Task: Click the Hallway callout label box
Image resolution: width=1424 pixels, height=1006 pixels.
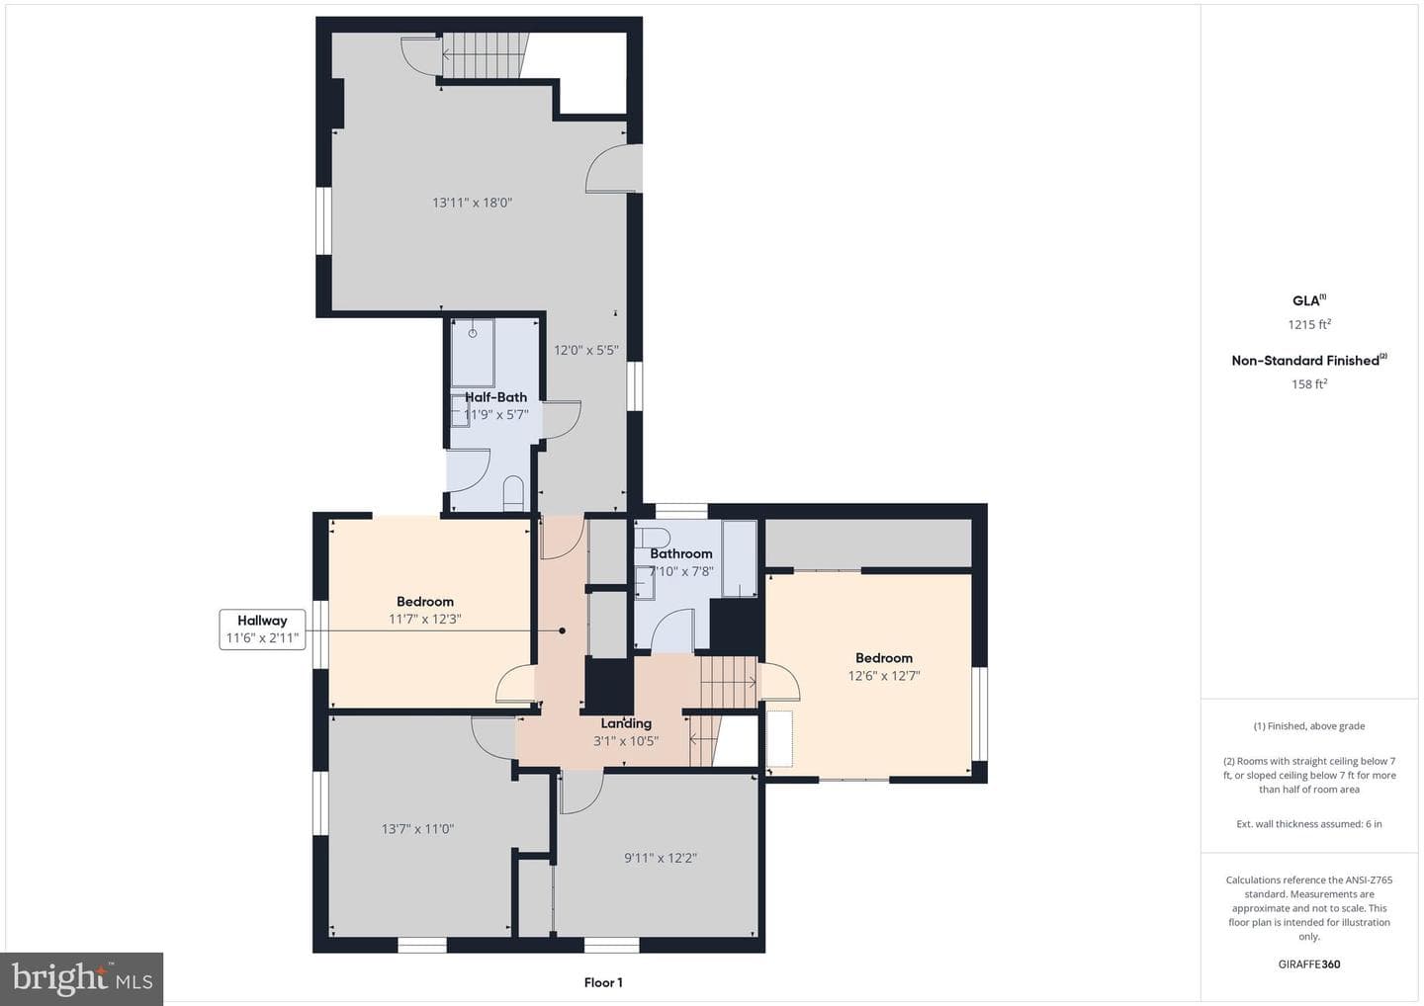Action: (262, 629)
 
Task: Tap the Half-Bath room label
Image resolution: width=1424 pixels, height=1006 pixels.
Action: (495, 397)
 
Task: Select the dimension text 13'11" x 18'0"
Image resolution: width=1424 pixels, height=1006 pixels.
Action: (473, 203)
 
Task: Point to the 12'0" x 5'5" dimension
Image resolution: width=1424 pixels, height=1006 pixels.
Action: (586, 350)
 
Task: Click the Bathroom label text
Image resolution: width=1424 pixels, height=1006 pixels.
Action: (680, 553)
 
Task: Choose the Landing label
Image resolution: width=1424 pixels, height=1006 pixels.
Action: (626, 723)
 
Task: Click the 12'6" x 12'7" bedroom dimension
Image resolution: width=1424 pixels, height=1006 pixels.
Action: (884, 676)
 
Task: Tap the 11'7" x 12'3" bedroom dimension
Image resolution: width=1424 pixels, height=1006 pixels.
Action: (425, 619)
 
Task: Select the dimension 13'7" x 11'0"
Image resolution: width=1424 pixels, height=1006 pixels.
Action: (417, 829)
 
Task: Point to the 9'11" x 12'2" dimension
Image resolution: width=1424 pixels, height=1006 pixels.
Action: (661, 858)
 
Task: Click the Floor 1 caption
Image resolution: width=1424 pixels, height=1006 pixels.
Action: (603, 982)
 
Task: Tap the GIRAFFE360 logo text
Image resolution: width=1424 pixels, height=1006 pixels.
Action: (1309, 964)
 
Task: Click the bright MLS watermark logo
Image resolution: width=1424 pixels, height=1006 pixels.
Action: (82, 978)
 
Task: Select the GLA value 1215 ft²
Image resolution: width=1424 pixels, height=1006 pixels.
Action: (1309, 324)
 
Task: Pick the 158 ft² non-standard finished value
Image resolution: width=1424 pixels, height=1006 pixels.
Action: (1309, 383)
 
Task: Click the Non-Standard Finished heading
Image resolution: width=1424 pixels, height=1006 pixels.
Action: (1309, 360)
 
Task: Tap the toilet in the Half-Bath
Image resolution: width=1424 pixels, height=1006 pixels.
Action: (513, 493)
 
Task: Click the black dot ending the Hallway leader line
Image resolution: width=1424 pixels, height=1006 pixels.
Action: (562, 630)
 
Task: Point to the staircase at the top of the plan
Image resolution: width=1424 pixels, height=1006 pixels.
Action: (486, 55)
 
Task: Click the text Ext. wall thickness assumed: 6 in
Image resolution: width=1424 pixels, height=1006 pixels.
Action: (1309, 824)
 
